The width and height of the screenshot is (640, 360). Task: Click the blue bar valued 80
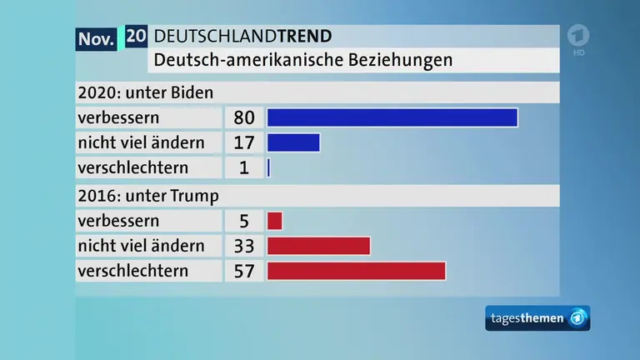(392, 117)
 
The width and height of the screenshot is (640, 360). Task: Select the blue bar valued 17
(293, 142)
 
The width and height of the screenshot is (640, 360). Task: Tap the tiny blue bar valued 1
(269, 167)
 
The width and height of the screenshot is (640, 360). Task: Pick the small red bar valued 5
(275, 221)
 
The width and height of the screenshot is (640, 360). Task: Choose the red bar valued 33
(318, 246)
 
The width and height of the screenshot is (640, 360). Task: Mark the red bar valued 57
(356, 271)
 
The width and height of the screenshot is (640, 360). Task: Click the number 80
(244, 117)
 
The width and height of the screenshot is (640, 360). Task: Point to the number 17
(244, 142)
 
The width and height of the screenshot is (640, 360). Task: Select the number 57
(244, 271)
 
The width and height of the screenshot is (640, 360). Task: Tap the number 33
(244, 246)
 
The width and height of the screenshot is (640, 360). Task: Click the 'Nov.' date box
(97, 38)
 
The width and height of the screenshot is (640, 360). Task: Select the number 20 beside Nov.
(137, 36)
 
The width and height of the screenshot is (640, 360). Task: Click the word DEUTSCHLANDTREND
(243, 36)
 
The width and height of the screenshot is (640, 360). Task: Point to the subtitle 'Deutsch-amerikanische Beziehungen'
(303, 60)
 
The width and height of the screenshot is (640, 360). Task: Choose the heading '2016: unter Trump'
(147, 197)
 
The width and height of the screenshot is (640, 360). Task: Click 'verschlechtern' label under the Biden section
(132, 167)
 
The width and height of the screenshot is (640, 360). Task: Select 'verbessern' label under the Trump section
(118, 221)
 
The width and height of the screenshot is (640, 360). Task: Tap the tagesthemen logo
(537, 318)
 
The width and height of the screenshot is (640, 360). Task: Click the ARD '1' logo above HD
(578, 37)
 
